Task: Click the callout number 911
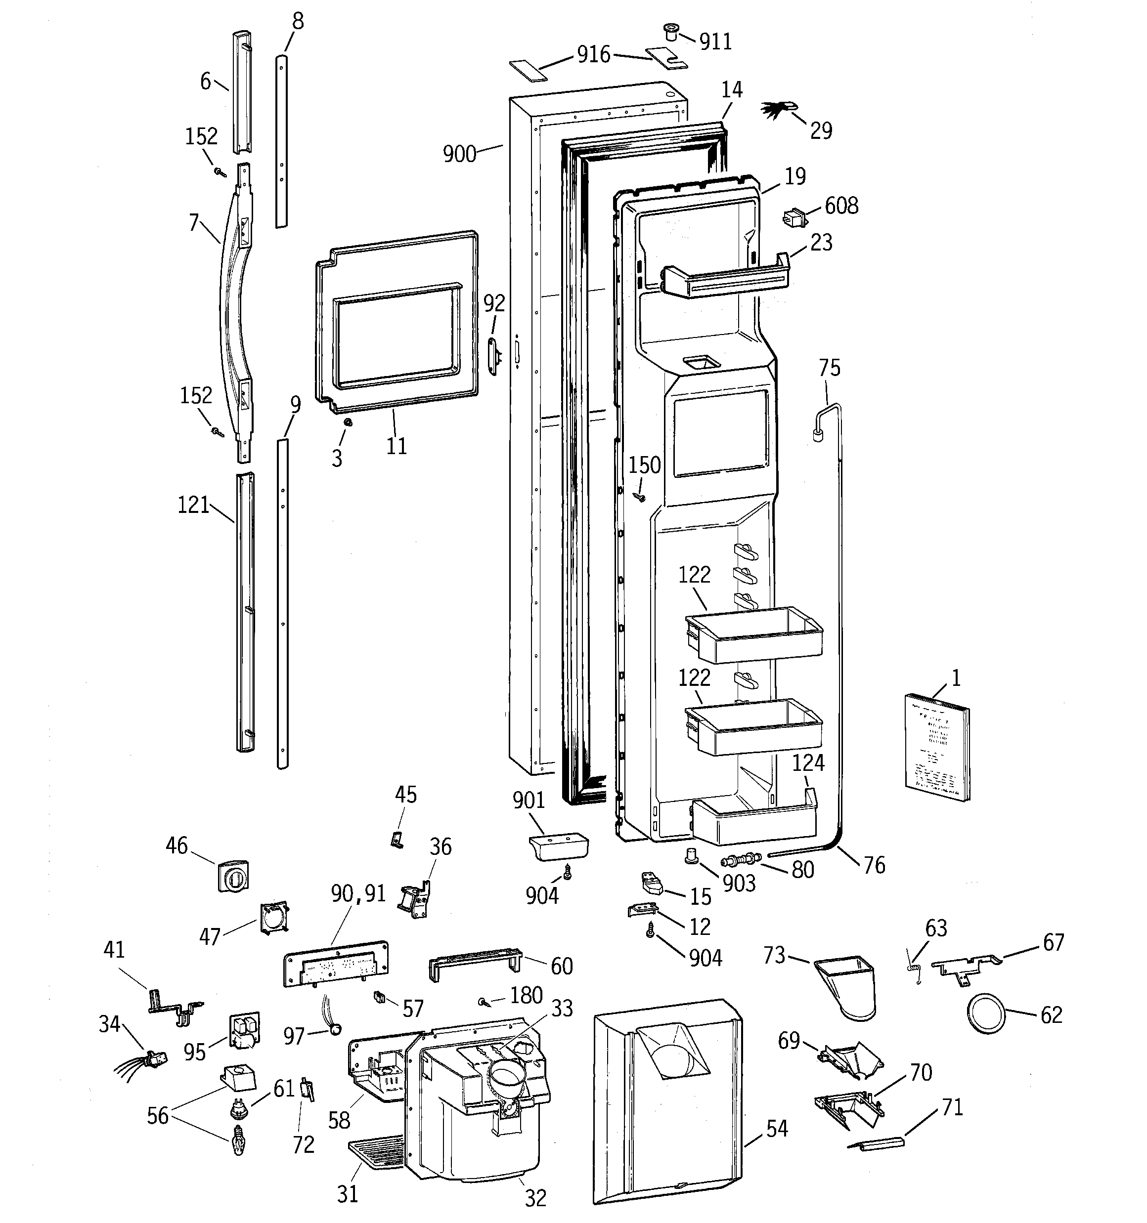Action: point(715,42)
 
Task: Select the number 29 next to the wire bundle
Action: point(821,130)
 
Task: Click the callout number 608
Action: point(841,206)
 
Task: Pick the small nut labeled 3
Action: point(347,422)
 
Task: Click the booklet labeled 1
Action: point(936,748)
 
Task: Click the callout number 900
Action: point(459,154)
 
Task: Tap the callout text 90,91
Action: point(358,893)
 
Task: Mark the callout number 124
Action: point(808,763)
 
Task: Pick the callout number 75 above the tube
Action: point(829,368)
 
